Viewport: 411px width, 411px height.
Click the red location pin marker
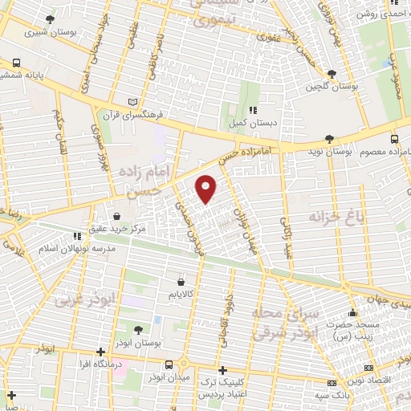(x=207, y=188)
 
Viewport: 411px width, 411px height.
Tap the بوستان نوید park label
(x=331, y=151)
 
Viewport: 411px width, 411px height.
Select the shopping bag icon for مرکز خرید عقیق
(x=118, y=216)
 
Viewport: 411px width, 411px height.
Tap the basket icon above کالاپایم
(x=181, y=282)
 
